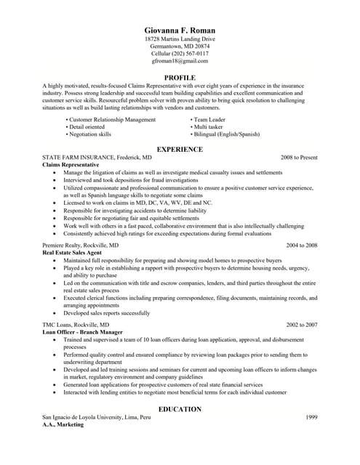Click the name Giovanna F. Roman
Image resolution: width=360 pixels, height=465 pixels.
tap(180, 30)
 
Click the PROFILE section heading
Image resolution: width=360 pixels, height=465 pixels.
tap(180, 77)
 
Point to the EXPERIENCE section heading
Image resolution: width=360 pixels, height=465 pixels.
tap(180, 149)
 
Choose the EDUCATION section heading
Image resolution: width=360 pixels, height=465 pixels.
tap(180, 409)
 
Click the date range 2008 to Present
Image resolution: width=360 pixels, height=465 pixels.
tap(299, 157)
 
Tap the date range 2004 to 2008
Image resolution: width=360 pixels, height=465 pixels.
tap(302, 246)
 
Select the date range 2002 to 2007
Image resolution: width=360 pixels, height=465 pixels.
tap(302, 324)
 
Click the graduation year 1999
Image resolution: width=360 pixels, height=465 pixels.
tap(311, 417)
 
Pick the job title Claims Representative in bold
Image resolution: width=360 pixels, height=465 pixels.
tap(70, 165)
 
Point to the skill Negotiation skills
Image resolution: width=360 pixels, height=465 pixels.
tap(90, 134)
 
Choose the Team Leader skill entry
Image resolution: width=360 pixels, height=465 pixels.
tap(210, 120)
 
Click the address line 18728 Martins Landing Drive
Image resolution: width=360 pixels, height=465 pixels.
tap(180, 39)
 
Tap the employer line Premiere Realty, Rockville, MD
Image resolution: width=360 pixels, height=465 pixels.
tap(80, 246)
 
